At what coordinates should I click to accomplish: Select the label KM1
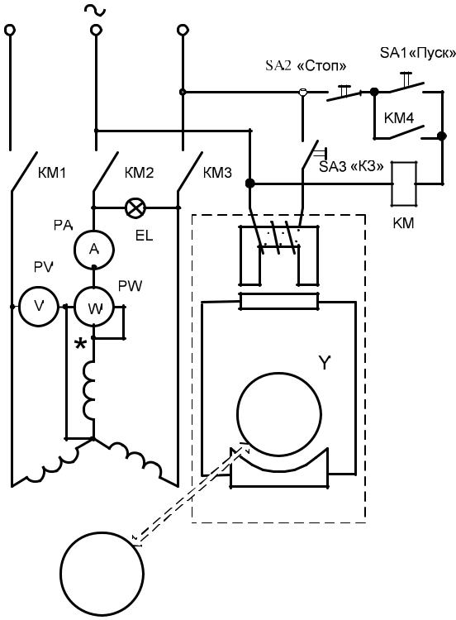coord(51,174)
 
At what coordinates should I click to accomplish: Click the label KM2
coord(139,173)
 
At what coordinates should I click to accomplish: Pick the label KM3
coord(217,173)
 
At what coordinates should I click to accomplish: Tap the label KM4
coord(399,118)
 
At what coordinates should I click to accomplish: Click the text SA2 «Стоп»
coord(306,65)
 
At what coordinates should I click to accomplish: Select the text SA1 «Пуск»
coord(418,53)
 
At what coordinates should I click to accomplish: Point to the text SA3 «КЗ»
coord(351,166)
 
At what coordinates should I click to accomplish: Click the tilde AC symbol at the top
coord(95,10)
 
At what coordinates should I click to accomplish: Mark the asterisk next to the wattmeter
coord(81,344)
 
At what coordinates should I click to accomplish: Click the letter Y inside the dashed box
coord(324,362)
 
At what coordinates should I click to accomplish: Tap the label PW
coord(130,285)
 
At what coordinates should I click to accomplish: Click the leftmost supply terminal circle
coord(10,30)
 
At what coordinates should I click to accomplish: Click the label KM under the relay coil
coord(403,223)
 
